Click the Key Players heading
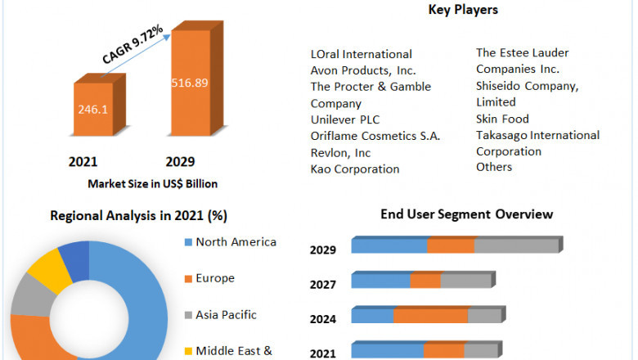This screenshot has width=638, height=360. [463, 10]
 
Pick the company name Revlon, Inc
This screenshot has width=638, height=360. [340, 152]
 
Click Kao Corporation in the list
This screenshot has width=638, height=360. [355, 169]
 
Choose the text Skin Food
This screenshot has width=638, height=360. [503, 119]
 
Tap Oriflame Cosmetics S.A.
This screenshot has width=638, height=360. [375, 136]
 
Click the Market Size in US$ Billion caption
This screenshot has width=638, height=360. [153, 183]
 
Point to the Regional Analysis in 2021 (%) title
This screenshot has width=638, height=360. [139, 216]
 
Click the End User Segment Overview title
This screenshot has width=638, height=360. [466, 214]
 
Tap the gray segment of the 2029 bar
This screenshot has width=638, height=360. [515, 246]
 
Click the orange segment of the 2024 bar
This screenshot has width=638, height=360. [430, 316]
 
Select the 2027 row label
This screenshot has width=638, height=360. [322, 286]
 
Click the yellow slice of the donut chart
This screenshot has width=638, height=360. [45, 268]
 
